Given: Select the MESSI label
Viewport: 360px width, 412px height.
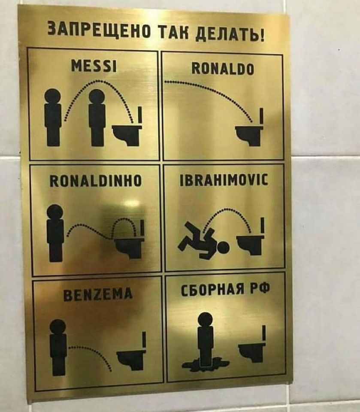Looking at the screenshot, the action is pyautogui.click(x=94, y=66).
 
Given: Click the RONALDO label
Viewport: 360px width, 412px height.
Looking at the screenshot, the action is pyautogui.click(x=223, y=69).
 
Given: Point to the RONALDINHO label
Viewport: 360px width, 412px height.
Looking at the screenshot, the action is pyautogui.click(x=96, y=181).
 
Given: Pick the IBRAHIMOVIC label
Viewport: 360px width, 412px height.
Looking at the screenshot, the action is pyautogui.click(x=224, y=180).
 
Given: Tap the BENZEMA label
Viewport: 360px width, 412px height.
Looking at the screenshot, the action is pyautogui.click(x=98, y=294).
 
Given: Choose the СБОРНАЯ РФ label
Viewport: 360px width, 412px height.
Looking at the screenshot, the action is pyautogui.click(x=225, y=290).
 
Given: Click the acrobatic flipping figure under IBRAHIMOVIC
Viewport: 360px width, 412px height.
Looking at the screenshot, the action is pyautogui.click(x=203, y=240).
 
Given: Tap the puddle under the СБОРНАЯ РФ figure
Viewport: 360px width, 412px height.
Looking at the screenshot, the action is pyautogui.click(x=205, y=364).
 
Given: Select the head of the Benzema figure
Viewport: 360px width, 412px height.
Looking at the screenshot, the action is pyautogui.click(x=58, y=327).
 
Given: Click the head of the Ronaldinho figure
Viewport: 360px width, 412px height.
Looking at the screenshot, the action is pyautogui.click(x=55, y=212).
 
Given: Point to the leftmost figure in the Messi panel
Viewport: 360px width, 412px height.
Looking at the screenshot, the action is pyautogui.click(x=53, y=117).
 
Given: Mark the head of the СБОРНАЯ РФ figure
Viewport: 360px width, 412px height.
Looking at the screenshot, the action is pyautogui.click(x=205, y=320).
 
